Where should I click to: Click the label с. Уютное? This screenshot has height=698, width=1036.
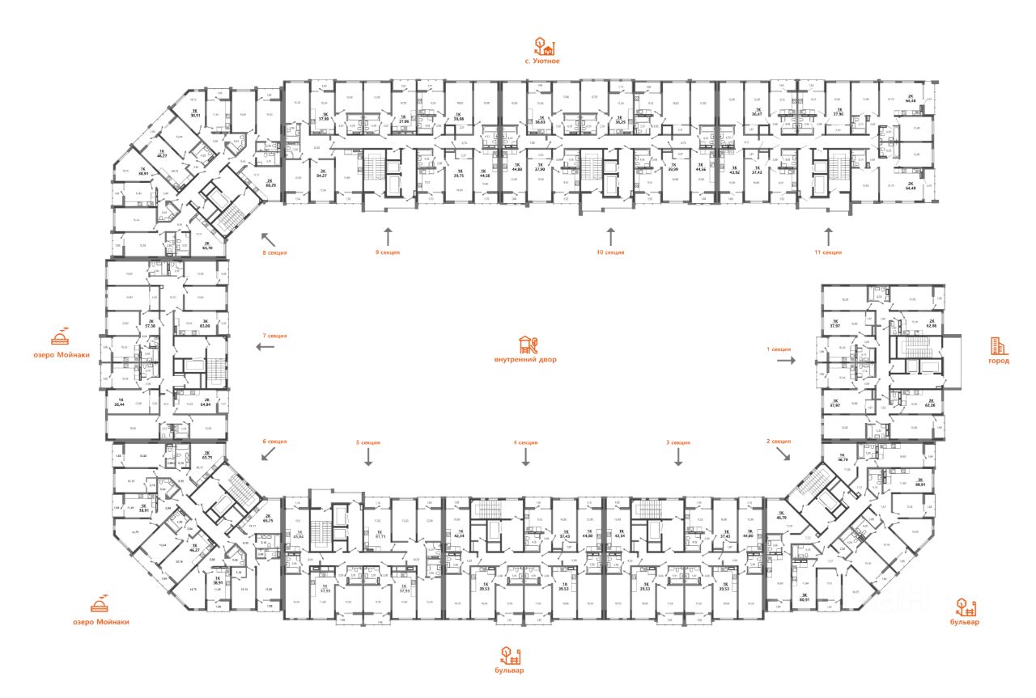[x=541, y=61]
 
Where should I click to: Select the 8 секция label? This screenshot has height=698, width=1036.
[x=274, y=252]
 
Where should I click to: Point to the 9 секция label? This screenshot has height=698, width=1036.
[x=387, y=252]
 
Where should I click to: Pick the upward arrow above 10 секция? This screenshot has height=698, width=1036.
[x=610, y=236]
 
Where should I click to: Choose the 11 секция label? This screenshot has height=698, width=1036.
[x=829, y=252]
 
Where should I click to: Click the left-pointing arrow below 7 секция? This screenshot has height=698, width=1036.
[x=265, y=347]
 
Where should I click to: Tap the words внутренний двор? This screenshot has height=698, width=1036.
[x=525, y=359]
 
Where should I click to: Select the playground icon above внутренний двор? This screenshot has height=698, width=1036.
[x=526, y=343]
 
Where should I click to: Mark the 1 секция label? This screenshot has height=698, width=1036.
[x=778, y=349]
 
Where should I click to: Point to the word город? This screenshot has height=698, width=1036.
[x=999, y=361]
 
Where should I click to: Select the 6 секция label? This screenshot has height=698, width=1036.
[x=274, y=442]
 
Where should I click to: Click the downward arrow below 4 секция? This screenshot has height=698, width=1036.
[x=525, y=459]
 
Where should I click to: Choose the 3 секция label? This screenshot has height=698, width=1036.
[x=677, y=442]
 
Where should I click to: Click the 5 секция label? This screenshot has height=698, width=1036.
[x=367, y=442]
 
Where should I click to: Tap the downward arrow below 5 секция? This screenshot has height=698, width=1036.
[x=368, y=459]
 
